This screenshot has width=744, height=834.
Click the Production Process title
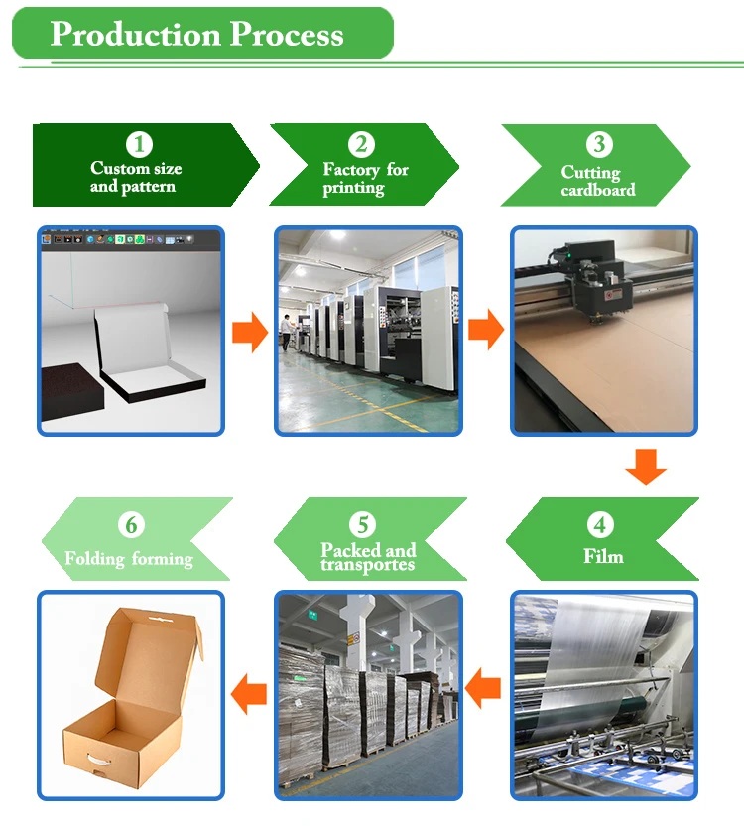[196, 35]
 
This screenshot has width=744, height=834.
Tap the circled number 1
[139, 145]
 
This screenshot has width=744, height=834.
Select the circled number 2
[362, 145]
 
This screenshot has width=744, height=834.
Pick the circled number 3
[598, 145]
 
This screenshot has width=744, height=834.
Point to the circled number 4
[600, 523]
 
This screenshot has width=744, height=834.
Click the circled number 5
[363, 523]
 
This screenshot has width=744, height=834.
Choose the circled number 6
[131, 524]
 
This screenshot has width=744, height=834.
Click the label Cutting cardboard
[597, 181]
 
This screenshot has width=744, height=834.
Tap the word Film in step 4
[603, 556]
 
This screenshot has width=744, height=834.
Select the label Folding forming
[129, 558]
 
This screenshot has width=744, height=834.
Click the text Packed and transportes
[367, 557]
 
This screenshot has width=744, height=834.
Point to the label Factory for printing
[365, 179]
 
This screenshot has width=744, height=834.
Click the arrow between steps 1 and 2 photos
[250, 333]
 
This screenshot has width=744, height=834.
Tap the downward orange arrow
[646, 466]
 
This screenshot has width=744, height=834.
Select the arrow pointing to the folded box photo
[248, 693]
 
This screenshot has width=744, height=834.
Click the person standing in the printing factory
[285, 332]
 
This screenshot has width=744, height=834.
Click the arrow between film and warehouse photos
[484, 688]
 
